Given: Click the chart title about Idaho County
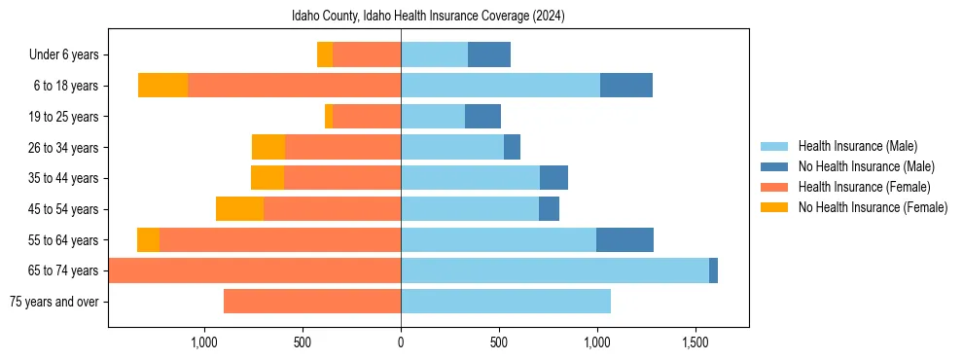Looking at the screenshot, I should coord(428,17).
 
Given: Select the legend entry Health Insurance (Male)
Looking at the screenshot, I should coord(857,146).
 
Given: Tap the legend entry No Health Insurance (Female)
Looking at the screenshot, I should coord(873,207).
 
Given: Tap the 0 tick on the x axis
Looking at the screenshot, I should coord(401,342).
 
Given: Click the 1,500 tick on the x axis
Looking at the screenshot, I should coord(695,342).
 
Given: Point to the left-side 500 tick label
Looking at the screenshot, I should coord(303,342).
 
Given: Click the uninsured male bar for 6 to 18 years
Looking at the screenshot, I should coord(626,86).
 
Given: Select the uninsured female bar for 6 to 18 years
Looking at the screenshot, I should coord(162,86).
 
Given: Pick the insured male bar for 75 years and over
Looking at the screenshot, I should coord(506,302).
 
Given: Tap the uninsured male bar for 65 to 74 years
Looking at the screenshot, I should coord(713,270).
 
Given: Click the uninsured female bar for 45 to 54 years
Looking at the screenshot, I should coord(239,209).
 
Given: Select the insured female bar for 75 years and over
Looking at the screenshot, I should coord(312,302).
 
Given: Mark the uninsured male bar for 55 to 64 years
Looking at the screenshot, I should coord(624,240).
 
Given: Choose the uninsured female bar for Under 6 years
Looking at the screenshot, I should coord(325,55).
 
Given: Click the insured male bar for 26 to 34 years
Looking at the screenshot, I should coord(452,148).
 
